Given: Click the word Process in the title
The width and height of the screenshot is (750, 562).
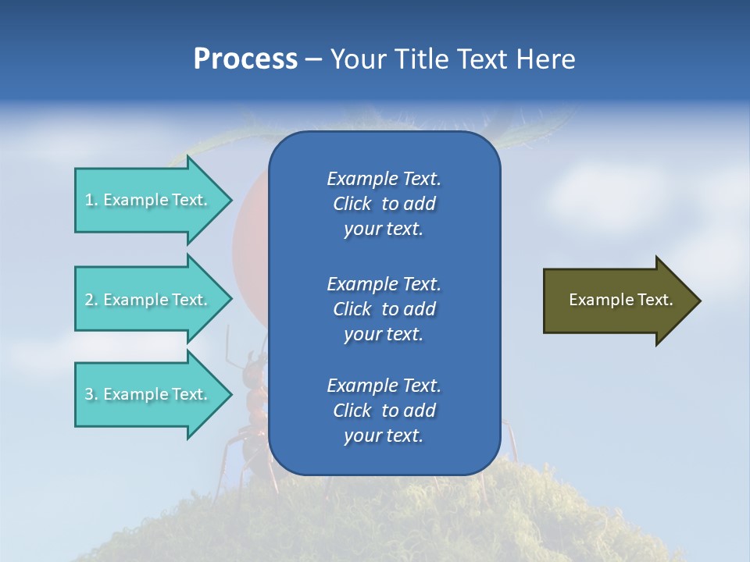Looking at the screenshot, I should click(245, 59).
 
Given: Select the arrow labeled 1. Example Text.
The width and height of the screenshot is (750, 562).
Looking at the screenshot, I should click(148, 200).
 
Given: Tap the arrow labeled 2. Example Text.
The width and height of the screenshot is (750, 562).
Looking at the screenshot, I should click(148, 300).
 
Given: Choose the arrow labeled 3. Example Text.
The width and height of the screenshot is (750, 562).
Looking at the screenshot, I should click(148, 394).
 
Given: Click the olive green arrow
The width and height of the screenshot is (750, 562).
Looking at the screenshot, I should click(617, 300).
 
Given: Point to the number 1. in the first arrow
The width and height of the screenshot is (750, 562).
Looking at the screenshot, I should click(91, 200).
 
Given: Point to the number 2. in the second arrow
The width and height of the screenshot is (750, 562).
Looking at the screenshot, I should click(91, 300).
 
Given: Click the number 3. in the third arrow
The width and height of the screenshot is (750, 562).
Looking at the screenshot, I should click(91, 394).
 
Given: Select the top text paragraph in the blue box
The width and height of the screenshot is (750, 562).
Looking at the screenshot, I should click(384, 204).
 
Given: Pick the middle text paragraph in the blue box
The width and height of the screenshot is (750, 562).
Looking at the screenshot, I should click(384, 309).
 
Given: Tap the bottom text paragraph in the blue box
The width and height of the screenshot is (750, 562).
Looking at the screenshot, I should click(384, 411).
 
